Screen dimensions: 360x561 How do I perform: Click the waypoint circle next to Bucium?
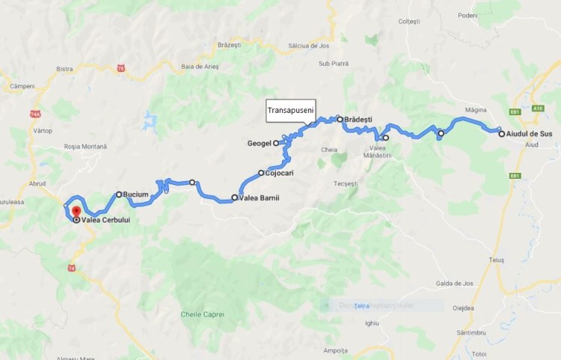click(x=118, y=194)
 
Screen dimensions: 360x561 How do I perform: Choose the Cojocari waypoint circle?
click(x=261, y=173)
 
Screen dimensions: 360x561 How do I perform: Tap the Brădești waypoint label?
click(x=358, y=119)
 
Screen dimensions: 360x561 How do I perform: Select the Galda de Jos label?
click(x=452, y=284)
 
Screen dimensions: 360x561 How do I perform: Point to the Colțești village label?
click(x=410, y=22)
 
